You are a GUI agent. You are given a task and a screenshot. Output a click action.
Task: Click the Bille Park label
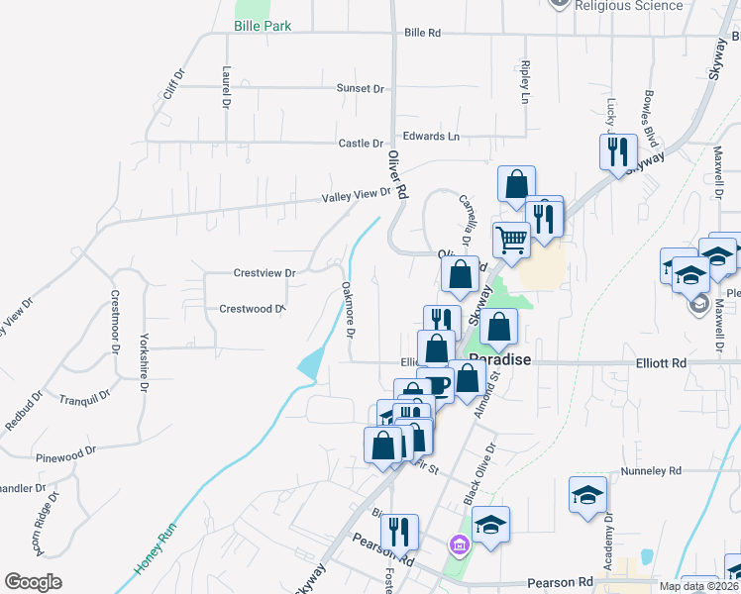click(263, 26)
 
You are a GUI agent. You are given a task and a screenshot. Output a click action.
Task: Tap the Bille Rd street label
click(422, 33)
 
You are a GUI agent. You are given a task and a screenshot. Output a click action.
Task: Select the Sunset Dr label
click(360, 89)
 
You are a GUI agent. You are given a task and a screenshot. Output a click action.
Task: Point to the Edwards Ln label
click(431, 136)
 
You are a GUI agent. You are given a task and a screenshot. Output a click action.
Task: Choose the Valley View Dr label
click(357, 197)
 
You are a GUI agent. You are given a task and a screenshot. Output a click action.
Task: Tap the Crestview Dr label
click(265, 272)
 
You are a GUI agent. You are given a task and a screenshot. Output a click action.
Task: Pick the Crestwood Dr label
click(252, 309)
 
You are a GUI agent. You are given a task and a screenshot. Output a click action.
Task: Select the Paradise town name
click(501, 360)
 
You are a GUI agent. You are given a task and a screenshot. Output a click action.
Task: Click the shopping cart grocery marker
click(511, 239)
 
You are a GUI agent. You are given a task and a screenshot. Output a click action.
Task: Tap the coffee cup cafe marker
click(436, 384)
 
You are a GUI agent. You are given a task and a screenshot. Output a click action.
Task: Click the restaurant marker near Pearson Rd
click(399, 531)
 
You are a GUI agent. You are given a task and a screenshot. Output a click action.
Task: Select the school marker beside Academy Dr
click(587, 493)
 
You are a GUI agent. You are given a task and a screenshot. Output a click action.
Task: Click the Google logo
click(33, 581)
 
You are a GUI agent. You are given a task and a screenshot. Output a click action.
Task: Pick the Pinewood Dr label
click(65, 452)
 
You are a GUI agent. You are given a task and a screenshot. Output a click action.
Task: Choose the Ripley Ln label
click(525, 82)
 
